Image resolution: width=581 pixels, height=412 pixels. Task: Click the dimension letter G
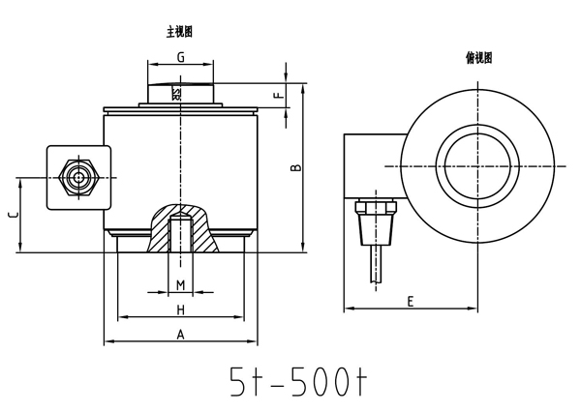pos(180,57)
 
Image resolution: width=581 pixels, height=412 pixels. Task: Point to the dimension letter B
pos(296,167)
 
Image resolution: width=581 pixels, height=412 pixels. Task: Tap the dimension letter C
pos(13,215)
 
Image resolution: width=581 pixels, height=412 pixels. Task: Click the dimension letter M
pos(180,285)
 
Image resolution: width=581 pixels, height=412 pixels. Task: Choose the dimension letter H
pos(180,309)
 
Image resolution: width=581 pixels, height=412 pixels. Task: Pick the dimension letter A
pos(180,335)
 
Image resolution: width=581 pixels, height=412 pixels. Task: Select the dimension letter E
pos(411,302)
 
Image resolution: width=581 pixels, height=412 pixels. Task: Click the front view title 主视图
pos(179,32)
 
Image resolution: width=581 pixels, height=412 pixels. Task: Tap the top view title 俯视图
pos(478,58)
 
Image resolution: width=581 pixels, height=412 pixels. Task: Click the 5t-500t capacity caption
pos(298,382)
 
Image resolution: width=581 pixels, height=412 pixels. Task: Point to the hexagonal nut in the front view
pos(78,178)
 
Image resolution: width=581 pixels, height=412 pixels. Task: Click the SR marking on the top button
pos(176,94)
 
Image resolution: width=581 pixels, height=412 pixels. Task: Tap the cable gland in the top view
pos(376,222)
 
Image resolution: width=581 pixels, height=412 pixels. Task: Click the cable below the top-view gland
pos(376,264)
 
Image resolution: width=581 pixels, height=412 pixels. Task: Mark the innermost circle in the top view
pos(477,166)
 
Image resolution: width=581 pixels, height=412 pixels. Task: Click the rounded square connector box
pos(78,178)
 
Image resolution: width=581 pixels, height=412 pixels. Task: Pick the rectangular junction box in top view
pos(375,166)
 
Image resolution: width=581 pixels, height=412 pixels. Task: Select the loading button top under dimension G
pos(180,93)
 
